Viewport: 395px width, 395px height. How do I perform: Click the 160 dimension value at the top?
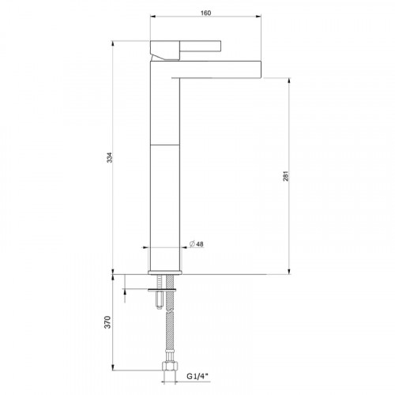pos(206,13)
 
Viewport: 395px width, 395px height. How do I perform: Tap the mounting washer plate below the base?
pos(164,290)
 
